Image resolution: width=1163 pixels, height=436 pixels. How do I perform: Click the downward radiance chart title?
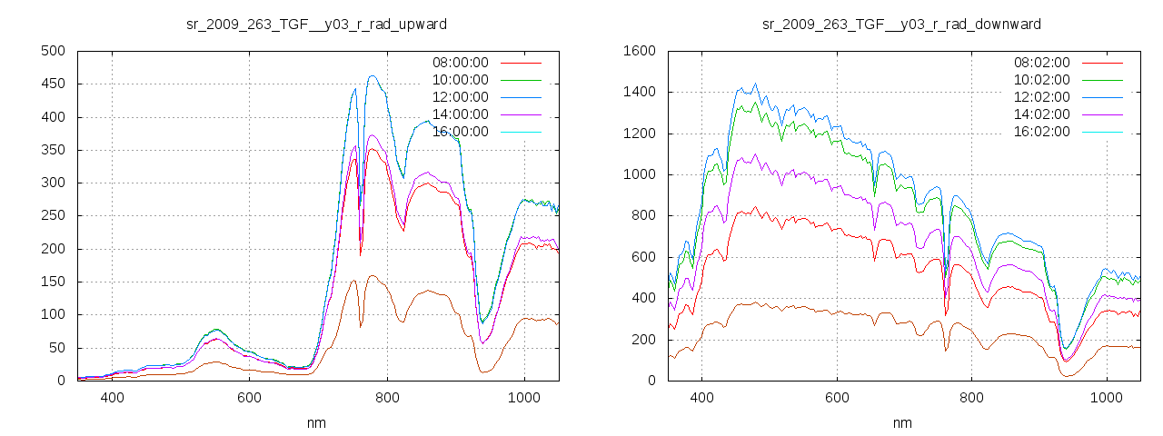(901, 24)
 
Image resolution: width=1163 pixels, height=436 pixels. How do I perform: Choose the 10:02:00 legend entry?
(1041, 80)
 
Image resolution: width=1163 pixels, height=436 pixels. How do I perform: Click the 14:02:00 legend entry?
(1041, 114)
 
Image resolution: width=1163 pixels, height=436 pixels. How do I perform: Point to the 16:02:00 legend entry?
(1041, 132)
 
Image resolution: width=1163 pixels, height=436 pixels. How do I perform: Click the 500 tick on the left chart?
(52, 51)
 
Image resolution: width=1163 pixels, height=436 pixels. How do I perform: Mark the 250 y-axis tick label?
(52, 216)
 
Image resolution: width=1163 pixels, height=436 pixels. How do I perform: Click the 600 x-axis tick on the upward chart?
(250, 398)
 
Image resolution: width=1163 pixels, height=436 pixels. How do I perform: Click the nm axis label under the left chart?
(317, 422)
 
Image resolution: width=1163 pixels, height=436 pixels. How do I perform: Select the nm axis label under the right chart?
(901, 422)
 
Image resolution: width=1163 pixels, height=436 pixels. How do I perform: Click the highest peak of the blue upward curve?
(373, 76)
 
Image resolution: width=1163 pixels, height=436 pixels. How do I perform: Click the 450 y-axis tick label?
(52, 84)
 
